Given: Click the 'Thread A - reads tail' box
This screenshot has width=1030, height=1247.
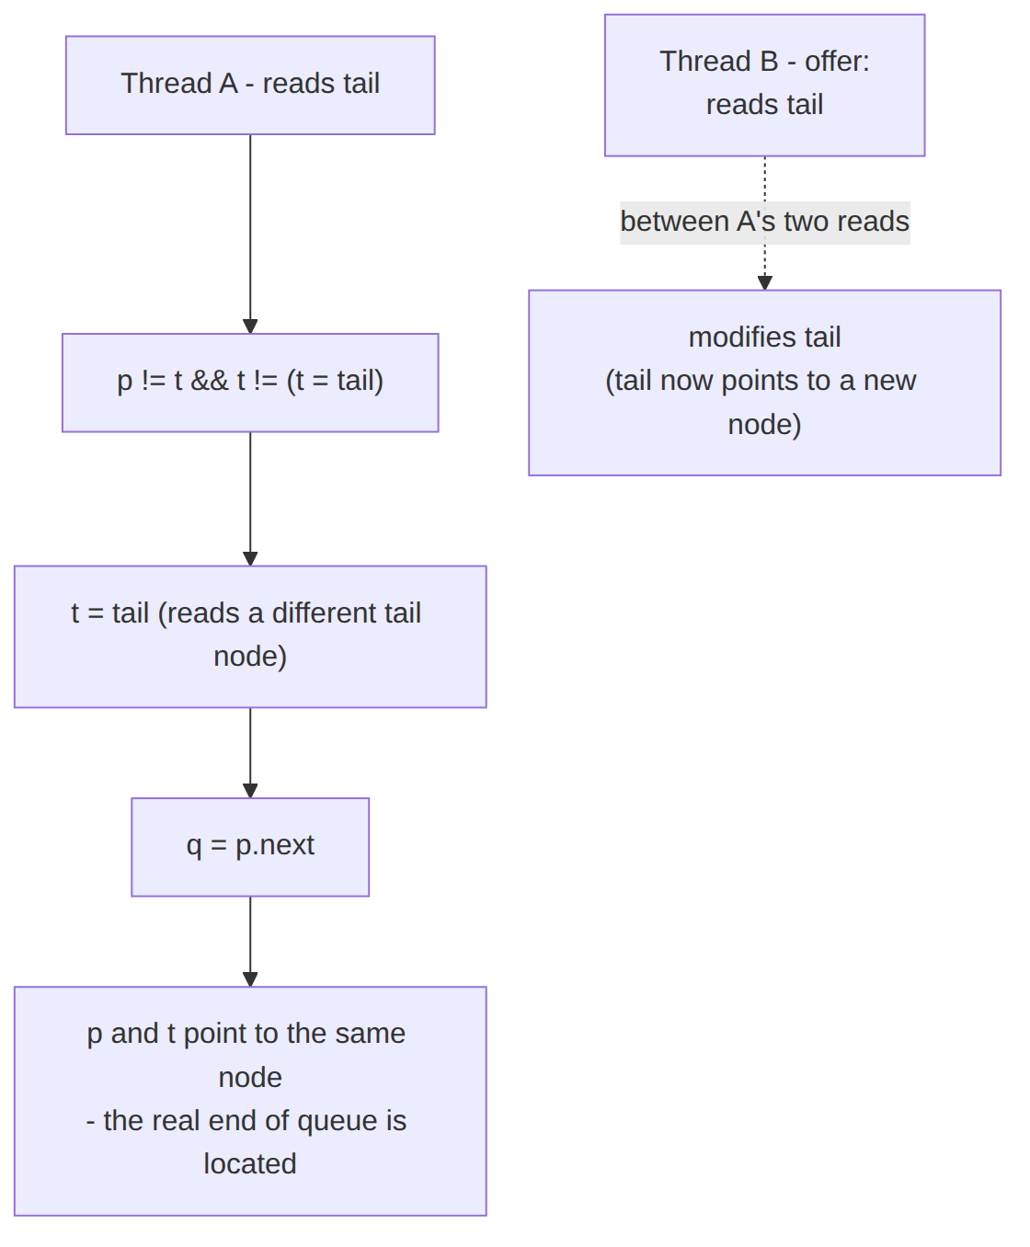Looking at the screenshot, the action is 250,85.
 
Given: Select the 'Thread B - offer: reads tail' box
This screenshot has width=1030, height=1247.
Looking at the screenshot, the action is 764,85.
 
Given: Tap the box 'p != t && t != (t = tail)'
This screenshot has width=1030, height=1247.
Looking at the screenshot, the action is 250,383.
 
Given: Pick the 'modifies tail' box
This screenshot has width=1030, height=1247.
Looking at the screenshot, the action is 764,383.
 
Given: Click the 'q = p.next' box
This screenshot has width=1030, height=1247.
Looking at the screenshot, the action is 250,847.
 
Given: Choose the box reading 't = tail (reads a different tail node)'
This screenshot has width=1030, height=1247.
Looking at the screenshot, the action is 250,636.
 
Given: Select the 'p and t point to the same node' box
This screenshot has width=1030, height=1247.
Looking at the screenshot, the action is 250,1101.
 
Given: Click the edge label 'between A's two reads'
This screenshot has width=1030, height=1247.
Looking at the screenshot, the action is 765,223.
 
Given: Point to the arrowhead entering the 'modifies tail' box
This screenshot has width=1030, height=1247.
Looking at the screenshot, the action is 765,282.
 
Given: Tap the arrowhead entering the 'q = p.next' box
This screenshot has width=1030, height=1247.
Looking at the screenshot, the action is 250,790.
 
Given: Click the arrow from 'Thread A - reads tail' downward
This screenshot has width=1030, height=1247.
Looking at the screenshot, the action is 250,235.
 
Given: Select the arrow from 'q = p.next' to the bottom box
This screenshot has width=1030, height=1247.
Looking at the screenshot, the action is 250,942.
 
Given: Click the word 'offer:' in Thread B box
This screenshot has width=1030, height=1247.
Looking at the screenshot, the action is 837,62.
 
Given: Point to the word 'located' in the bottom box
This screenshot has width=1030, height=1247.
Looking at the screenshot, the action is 250,1163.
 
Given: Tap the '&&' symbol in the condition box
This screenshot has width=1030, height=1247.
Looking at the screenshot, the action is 209,381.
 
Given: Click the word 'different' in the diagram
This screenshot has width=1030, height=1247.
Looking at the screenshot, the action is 325,612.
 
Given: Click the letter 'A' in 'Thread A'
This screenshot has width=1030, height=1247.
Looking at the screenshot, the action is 228,83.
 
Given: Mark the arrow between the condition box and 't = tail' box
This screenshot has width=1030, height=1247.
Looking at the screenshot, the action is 250,498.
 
